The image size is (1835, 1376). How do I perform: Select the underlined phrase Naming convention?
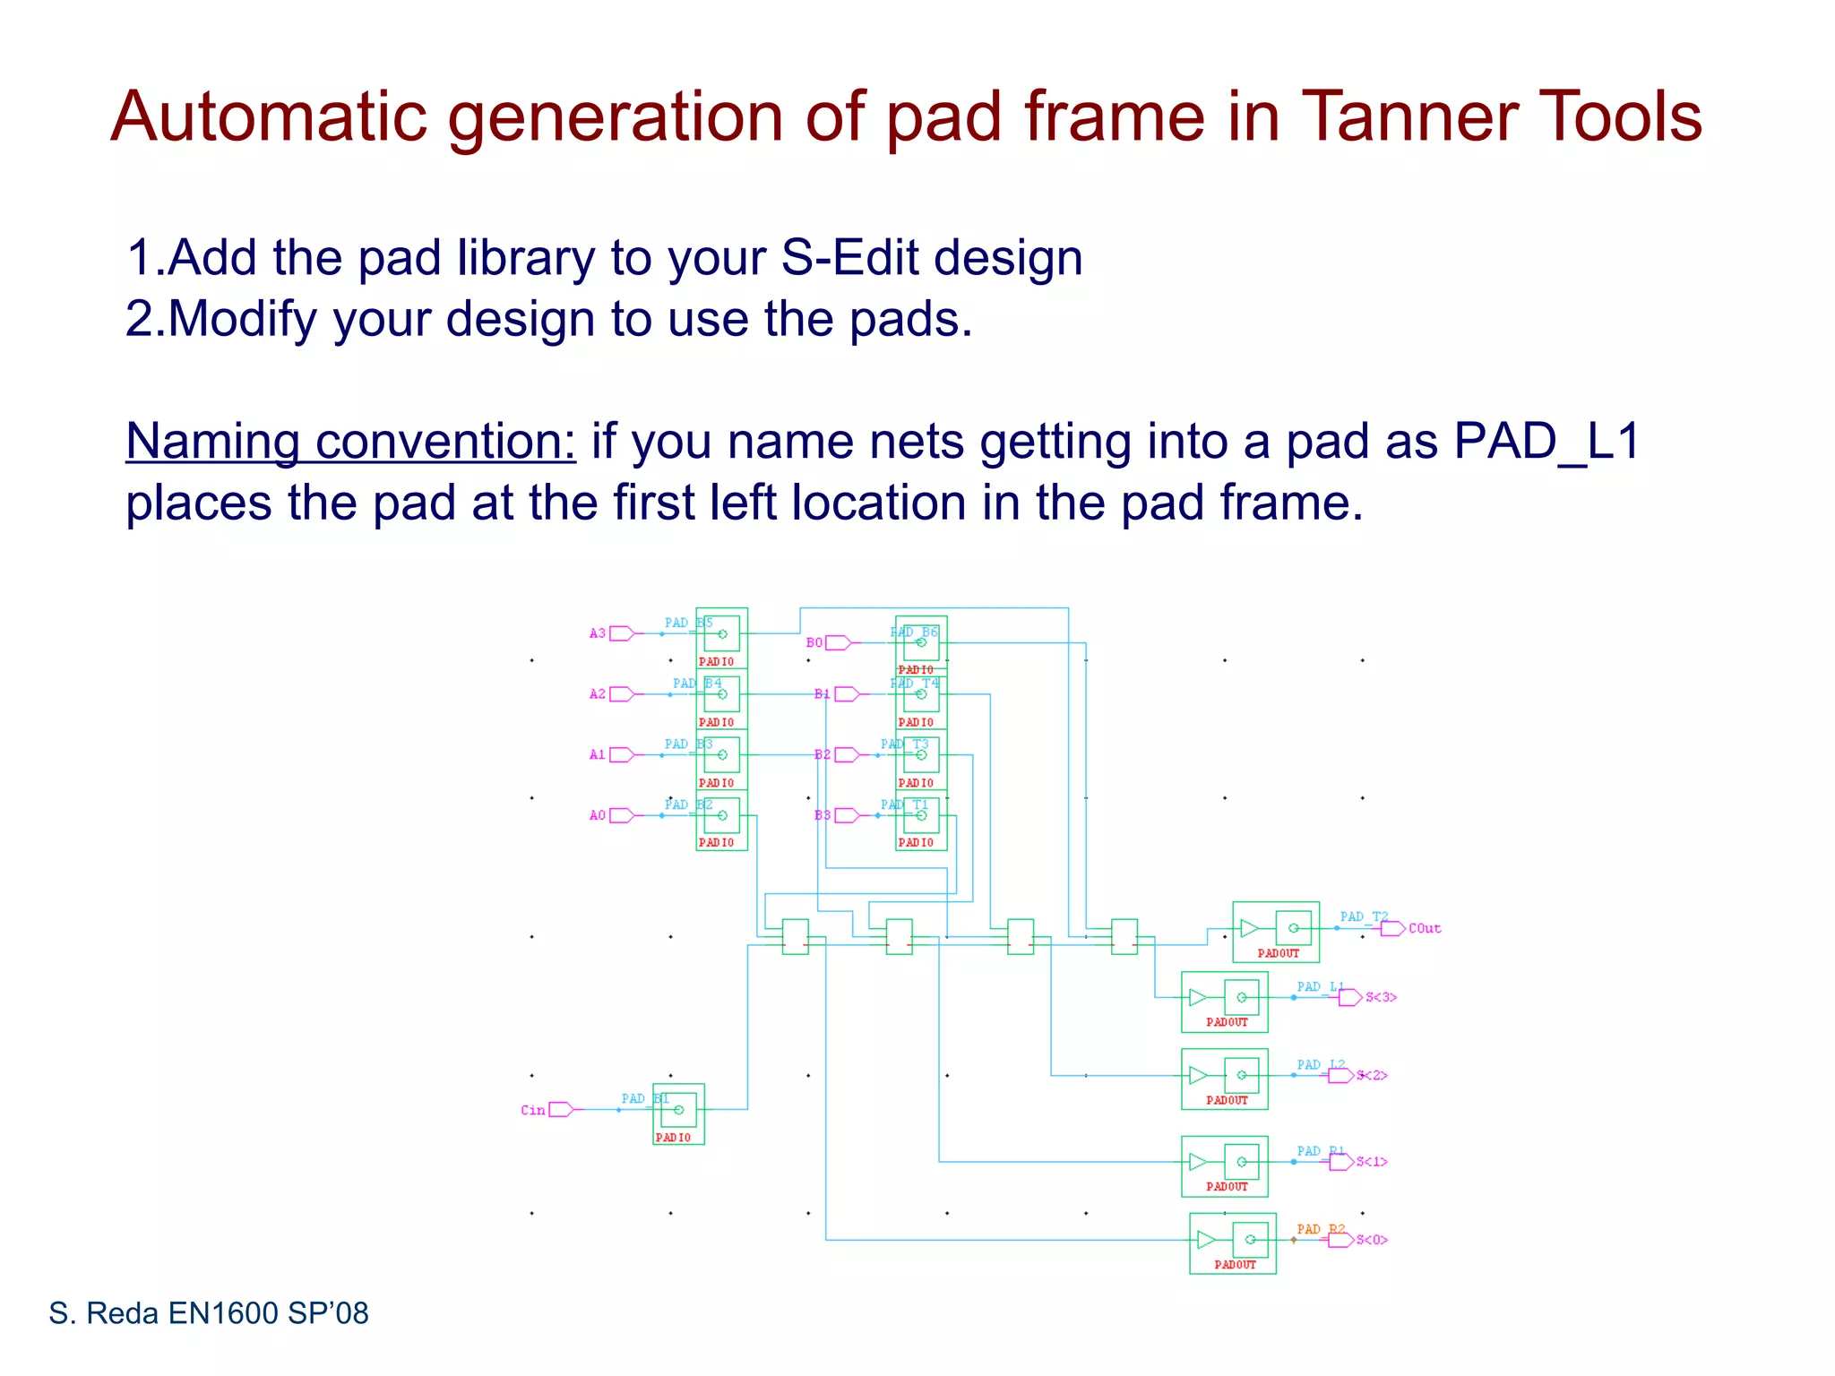(x=350, y=442)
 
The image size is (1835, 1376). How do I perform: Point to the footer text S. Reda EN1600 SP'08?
(x=209, y=1313)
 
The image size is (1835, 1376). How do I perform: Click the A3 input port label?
(x=598, y=633)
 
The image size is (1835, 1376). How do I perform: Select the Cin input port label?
(x=532, y=1110)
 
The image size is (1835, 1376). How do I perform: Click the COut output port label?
(x=1425, y=928)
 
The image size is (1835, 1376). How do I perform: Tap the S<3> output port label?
(x=1381, y=997)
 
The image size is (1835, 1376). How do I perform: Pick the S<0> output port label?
(x=1372, y=1240)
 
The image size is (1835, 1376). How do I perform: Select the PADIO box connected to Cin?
(x=678, y=1114)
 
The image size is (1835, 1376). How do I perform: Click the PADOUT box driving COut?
(x=1276, y=932)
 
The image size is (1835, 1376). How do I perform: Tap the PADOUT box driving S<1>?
(x=1225, y=1166)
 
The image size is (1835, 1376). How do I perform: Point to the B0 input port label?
(x=814, y=642)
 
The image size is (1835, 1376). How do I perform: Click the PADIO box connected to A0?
(x=721, y=820)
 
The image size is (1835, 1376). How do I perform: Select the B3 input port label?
(x=822, y=815)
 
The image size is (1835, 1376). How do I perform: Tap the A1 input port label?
(x=598, y=754)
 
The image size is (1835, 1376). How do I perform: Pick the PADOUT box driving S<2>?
(x=1225, y=1079)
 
